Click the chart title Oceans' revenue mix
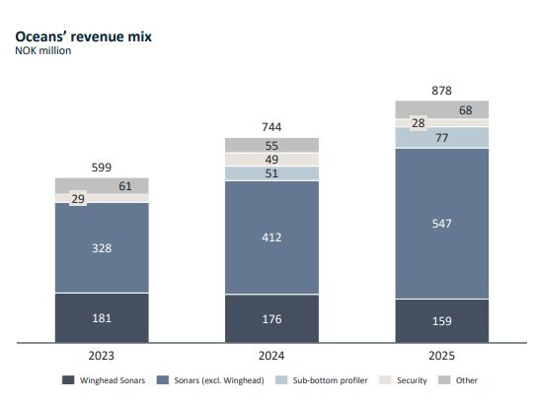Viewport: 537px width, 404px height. [83, 36]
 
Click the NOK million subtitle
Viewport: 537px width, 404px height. [43, 50]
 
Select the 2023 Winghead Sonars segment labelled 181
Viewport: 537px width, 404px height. [102, 318]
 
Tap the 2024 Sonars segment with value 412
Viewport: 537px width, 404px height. [271, 237]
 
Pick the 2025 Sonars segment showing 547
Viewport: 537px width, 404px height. [442, 224]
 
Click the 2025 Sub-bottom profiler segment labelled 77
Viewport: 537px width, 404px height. [442, 138]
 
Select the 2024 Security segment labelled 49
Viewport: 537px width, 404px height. [271, 160]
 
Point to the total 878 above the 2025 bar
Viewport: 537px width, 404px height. [442, 91]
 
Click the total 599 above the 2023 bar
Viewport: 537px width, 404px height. [102, 168]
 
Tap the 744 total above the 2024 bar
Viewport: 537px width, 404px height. [271, 127]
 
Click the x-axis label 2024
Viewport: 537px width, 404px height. [271, 356]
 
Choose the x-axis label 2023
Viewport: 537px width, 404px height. [102, 356]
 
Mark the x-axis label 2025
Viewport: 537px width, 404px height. [442, 356]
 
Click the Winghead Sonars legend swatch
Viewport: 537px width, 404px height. [68, 380]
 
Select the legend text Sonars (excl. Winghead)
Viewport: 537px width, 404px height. [219, 380]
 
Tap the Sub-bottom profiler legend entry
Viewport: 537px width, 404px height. [322, 380]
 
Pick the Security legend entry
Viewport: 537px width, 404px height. [403, 380]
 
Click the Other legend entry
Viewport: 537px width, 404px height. [458, 380]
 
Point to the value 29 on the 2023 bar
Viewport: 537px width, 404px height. [78, 199]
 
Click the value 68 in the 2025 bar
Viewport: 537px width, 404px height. [466, 110]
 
